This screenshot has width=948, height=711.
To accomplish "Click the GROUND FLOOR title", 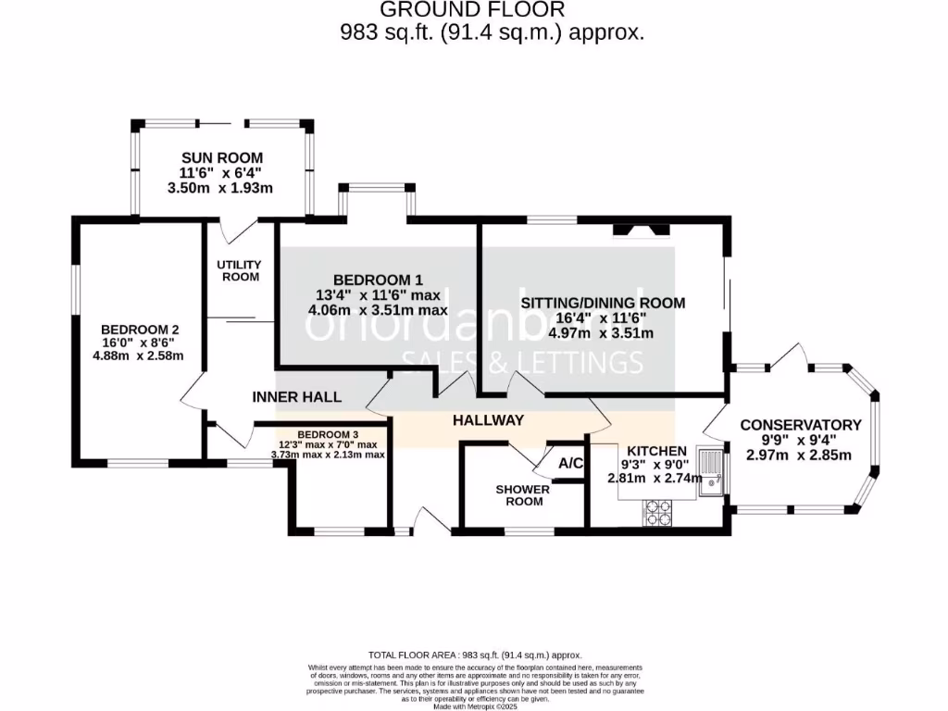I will tap(473, 10).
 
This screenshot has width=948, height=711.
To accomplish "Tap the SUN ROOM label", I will tap(221, 157).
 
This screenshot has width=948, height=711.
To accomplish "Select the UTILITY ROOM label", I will tap(239, 270).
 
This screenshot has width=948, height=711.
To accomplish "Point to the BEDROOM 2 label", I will tap(140, 329).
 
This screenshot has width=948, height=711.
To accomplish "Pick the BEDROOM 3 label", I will tap(328, 434).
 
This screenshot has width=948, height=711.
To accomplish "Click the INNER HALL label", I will tap(296, 397).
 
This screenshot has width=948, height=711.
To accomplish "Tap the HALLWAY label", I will tap(488, 420).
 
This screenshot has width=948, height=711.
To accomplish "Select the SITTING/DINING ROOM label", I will tap(603, 303).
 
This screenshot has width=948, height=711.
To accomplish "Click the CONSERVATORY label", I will tap(801, 425).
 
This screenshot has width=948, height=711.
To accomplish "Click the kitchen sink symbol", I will tap(712, 469).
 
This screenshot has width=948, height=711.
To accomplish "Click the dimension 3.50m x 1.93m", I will tap(221, 188).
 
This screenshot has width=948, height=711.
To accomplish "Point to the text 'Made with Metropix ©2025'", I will tap(474, 706).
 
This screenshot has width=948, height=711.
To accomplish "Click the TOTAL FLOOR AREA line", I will tap(473, 653).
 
